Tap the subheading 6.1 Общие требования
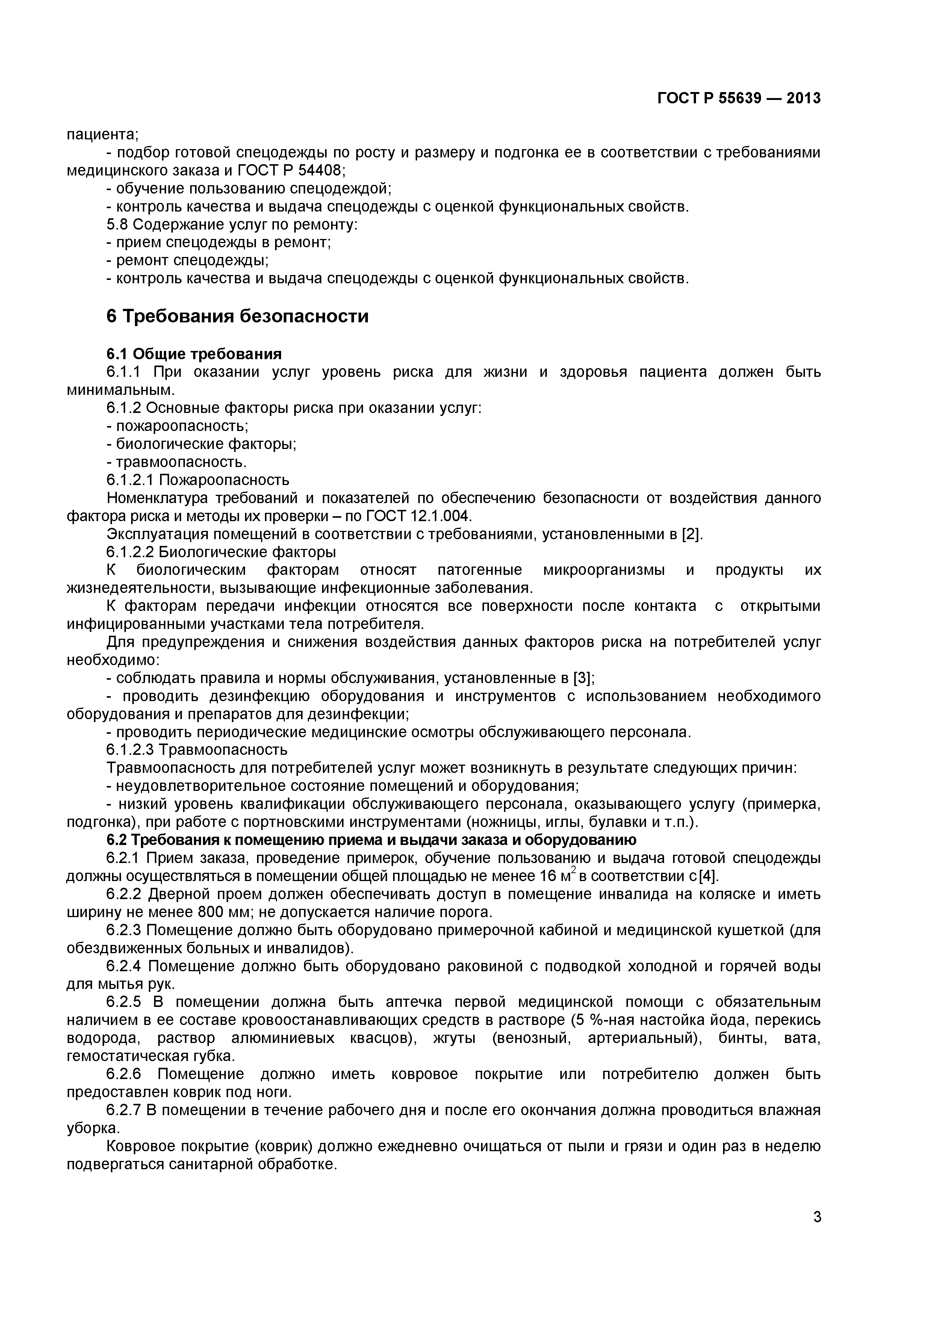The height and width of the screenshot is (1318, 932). point(194,354)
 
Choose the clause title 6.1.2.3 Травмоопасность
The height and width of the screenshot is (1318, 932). point(197,750)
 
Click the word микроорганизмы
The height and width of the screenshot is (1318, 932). point(604,570)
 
